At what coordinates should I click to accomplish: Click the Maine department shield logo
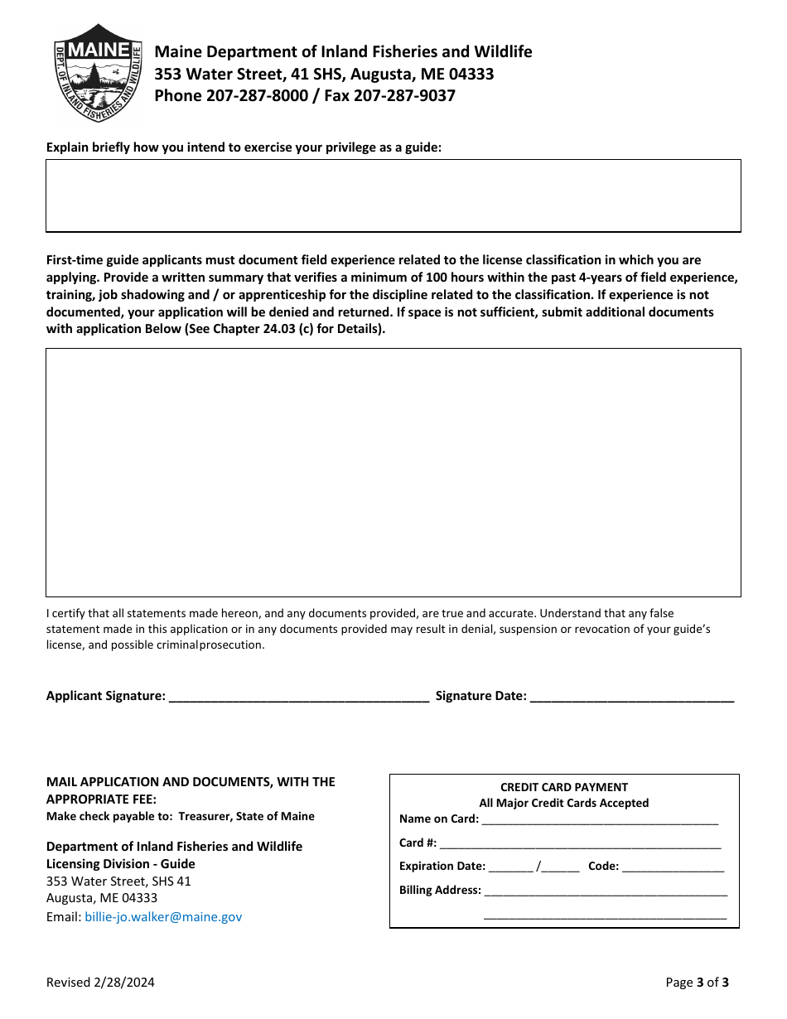(99, 73)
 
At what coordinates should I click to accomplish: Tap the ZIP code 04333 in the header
(471, 75)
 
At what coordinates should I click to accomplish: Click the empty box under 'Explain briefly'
(393, 196)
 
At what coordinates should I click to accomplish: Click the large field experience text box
(393, 472)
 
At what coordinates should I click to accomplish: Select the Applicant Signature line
(298, 697)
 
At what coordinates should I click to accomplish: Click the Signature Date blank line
(631, 697)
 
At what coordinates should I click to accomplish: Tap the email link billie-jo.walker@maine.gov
(163, 917)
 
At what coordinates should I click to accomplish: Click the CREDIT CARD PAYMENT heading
(564, 787)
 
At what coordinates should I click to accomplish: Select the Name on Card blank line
(599, 819)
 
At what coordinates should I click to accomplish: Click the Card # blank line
(580, 843)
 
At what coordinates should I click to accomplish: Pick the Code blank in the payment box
(673, 867)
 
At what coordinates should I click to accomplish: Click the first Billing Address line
(606, 891)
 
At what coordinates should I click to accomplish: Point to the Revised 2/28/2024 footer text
(100, 983)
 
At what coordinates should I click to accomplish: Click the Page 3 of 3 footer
(698, 983)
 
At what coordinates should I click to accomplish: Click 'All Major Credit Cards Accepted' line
(564, 803)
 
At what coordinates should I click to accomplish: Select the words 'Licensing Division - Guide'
(121, 864)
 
